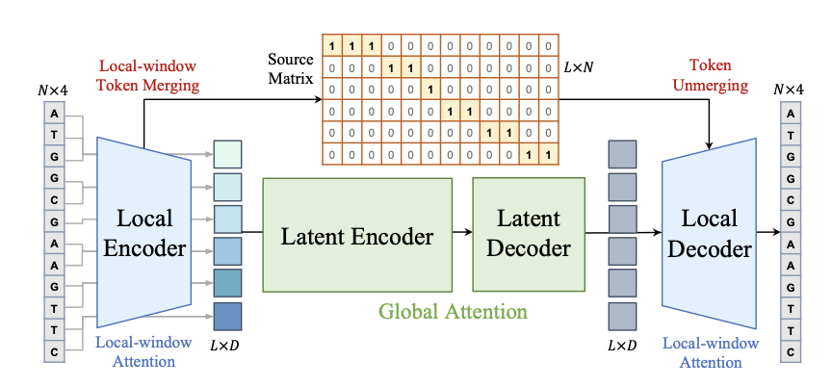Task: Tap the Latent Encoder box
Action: tap(357, 235)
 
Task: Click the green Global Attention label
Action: tap(453, 311)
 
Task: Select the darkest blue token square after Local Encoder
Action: tap(227, 317)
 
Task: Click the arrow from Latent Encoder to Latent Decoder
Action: tap(462, 232)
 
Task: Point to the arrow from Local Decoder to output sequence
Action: tap(767, 232)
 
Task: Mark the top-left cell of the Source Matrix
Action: tap(332, 46)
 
